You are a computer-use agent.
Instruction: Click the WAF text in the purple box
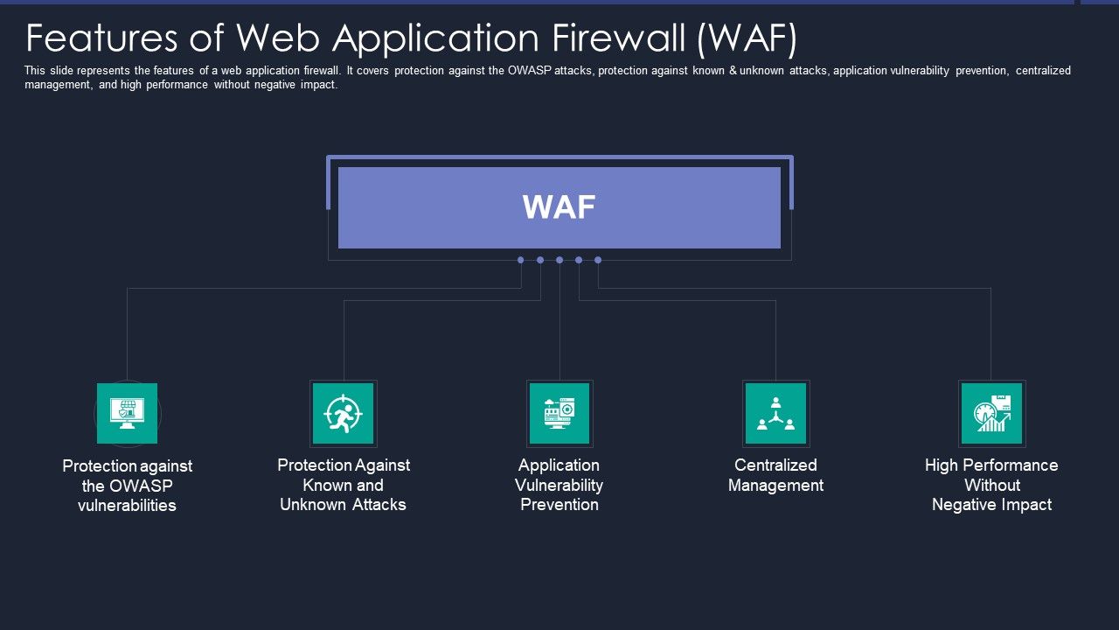[x=559, y=207]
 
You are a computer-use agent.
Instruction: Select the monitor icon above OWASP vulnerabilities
[x=128, y=413]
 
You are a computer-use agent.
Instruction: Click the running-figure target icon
[x=343, y=413]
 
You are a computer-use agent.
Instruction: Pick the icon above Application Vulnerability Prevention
[x=559, y=413]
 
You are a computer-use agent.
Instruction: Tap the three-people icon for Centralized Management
[x=775, y=413]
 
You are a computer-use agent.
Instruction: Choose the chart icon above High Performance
[x=991, y=413]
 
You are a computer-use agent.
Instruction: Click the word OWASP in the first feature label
[x=139, y=486]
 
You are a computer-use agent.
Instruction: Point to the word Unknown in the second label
[x=311, y=505]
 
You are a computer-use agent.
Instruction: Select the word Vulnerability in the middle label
[x=559, y=485]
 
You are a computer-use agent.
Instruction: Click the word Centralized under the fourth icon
[x=775, y=465]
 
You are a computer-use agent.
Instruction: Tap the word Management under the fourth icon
[x=775, y=486]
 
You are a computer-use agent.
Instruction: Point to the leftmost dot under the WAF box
[x=521, y=260]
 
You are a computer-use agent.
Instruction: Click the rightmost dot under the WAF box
[x=598, y=260]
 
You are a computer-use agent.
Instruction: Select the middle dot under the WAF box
[x=559, y=260]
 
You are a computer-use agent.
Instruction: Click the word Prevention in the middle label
[x=559, y=505]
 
